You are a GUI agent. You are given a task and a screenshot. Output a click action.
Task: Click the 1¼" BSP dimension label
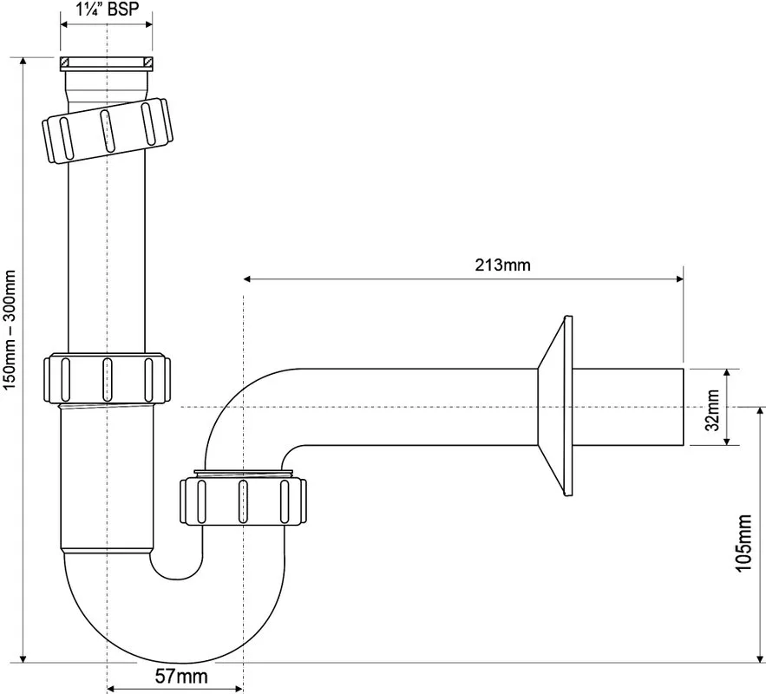108,10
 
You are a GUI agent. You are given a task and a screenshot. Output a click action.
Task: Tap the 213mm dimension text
502,265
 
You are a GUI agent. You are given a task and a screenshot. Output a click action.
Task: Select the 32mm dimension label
714,409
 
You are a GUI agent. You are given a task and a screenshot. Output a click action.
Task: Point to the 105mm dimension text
743,542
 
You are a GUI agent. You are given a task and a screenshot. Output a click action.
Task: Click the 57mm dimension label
181,677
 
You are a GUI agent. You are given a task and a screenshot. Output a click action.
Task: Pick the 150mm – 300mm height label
10,331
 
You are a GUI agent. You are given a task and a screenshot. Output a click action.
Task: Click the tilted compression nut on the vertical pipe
108,130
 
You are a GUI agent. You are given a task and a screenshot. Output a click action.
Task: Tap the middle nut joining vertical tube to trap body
107,378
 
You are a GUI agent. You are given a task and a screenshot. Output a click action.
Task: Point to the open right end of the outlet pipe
682,407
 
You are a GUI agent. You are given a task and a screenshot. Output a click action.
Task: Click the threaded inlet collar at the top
107,64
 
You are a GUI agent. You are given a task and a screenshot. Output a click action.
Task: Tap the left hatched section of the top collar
64,62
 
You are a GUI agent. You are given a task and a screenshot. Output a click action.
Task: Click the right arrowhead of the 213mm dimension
679,278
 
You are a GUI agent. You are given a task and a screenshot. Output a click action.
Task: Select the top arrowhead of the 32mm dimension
726,372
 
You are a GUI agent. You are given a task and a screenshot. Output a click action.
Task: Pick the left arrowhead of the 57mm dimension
111,689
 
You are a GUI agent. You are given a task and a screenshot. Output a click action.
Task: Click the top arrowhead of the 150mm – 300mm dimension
23,61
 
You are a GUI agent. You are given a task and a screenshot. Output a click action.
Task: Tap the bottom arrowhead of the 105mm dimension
760,658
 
